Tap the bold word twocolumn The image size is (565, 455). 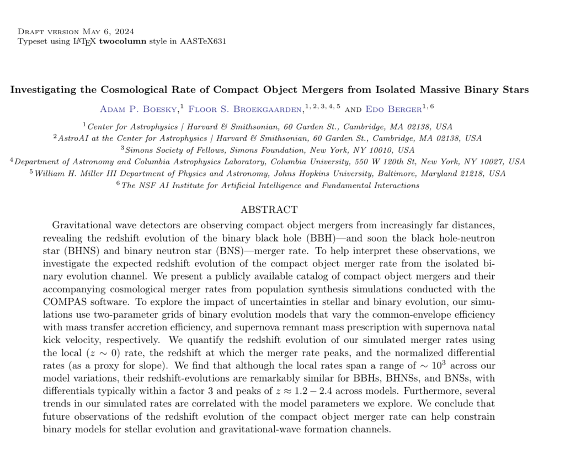click(123, 41)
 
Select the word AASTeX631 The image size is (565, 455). click(203, 41)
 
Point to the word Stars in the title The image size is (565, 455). click(515, 89)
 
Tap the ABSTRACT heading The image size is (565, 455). click(269, 210)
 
